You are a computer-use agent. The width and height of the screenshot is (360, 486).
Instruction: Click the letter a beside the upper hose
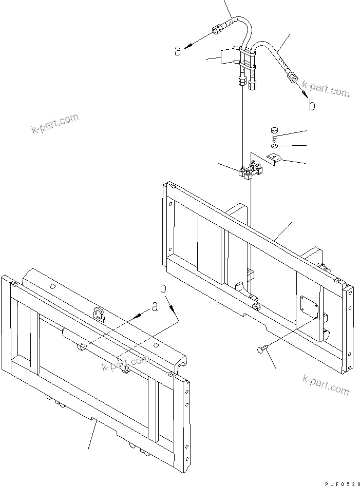(178, 50)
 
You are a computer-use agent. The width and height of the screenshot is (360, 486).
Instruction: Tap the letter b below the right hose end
(312, 105)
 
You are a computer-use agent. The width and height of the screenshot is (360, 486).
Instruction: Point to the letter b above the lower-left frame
(163, 287)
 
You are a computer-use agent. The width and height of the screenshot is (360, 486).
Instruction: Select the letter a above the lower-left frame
(155, 307)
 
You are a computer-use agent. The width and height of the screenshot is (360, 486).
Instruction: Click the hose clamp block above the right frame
(251, 170)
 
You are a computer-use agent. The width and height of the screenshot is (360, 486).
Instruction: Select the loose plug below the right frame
(262, 350)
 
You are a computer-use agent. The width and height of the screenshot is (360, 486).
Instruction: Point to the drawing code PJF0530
(342, 483)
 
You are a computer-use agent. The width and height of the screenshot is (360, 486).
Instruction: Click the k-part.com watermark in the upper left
(55, 123)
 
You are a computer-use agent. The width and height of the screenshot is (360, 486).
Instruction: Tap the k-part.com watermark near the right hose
(326, 89)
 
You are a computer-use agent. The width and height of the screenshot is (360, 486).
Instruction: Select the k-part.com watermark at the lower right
(326, 384)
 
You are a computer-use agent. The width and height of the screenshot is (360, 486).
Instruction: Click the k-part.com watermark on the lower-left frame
(126, 363)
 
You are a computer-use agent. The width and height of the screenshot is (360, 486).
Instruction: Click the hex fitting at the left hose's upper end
(216, 30)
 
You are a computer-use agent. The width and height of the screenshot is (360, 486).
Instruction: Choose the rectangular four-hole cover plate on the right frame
(309, 307)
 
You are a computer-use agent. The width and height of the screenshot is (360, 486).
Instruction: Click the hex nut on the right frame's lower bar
(257, 307)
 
